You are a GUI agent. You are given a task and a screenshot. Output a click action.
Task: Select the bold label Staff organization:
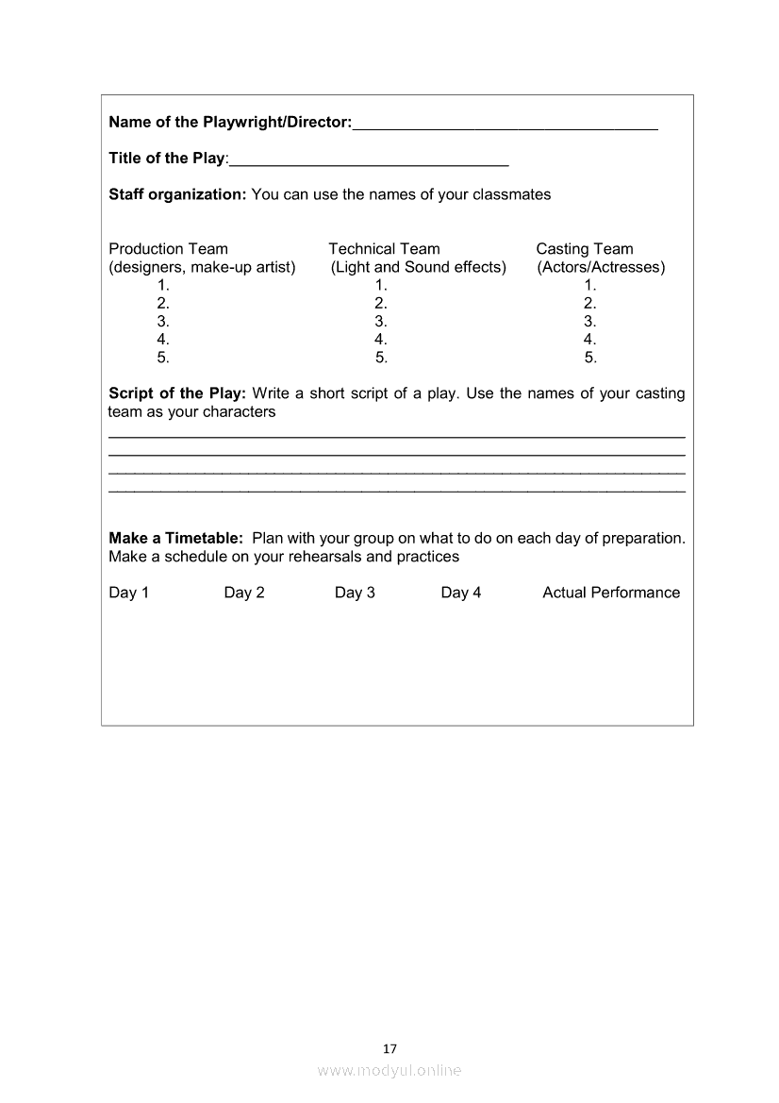coord(177,194)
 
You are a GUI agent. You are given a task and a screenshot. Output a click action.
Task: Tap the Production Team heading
coord(169,249)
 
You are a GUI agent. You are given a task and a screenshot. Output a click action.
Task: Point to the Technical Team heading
coord(384,249)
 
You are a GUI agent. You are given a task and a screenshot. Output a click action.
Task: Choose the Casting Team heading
coord(585,249)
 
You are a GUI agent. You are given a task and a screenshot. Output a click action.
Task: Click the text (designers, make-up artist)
coord(202,267)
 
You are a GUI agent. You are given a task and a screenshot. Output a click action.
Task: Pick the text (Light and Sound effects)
coord(419,267)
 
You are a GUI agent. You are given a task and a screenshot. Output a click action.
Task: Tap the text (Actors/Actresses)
coord(601,267)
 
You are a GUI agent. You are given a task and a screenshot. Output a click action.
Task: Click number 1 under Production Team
coord(163,285)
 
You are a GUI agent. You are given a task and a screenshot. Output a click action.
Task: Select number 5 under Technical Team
coord(381,358)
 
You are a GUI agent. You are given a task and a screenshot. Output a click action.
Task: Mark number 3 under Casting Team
coord(590,321)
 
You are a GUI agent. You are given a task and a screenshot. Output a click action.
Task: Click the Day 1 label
coord(129,593)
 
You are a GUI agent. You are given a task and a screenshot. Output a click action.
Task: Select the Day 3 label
coord(355,593)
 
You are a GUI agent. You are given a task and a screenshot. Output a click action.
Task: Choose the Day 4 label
coord(461,593)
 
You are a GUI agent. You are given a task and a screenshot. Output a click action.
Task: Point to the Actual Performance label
coord(611,593)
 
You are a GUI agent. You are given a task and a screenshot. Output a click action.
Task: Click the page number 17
coord(390,1048)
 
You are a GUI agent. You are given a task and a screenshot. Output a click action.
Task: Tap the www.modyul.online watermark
coord(389,1070)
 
